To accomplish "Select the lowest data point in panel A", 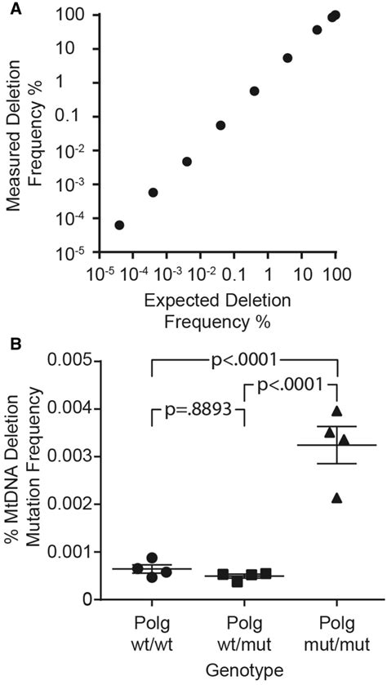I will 119,225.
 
